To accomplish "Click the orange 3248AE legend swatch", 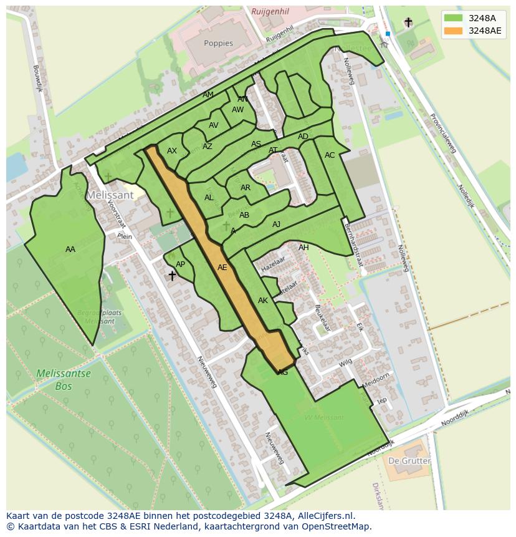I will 454,31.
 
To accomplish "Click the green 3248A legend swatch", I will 454,18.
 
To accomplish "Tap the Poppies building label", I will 218,44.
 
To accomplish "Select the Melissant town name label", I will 110,195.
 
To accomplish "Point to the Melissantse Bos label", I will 63,380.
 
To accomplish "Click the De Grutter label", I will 409,461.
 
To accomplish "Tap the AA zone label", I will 70,249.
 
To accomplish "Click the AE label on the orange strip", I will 222,268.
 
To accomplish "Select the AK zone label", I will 263,301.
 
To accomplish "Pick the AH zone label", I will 303,248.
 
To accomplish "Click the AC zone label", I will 330,155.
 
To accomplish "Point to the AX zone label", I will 172,151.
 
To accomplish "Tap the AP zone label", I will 180,264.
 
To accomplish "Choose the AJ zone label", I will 276,225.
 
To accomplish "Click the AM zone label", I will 208,95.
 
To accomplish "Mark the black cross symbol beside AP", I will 172,275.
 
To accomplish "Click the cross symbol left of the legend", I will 408,22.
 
